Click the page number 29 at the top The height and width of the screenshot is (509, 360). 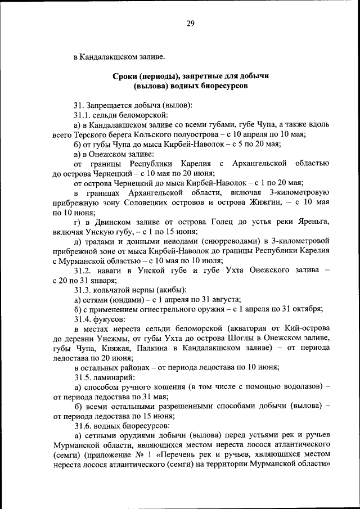pos(190,23)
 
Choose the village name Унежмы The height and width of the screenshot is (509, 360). pos(113,337)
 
